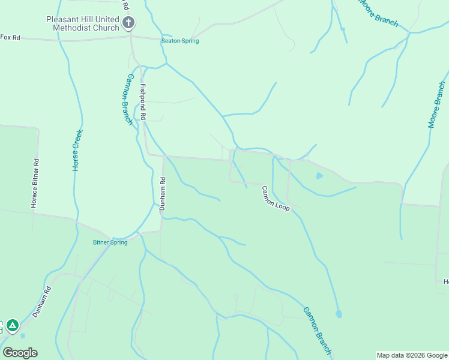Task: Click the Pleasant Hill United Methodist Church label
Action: (83, 23)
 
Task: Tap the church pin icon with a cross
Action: (128, 23)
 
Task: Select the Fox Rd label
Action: (10, 37)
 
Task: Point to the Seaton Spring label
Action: (179, 41)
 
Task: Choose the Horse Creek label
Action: (76, 151)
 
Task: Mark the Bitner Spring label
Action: (110, 242)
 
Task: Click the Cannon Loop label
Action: (275, 199)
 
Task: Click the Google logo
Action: (20, 353)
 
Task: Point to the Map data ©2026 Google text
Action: (412, 355)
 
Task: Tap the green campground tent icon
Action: (12, 326)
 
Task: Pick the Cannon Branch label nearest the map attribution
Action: (317, 330)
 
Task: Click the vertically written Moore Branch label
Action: (437, 106)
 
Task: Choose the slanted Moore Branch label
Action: (378, 13)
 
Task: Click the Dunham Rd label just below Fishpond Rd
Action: (162, 193)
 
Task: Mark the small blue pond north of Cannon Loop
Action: (319, 176)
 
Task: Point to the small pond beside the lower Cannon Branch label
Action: (339, 314)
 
